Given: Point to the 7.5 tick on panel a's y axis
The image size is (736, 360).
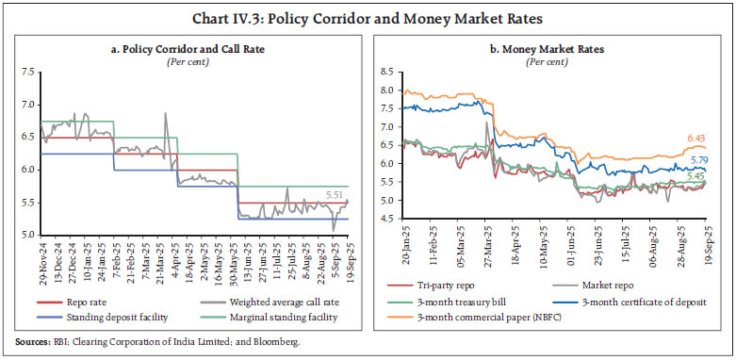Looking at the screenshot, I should coord(27,71).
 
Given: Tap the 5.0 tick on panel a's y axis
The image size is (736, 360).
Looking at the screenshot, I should coord(27,235).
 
